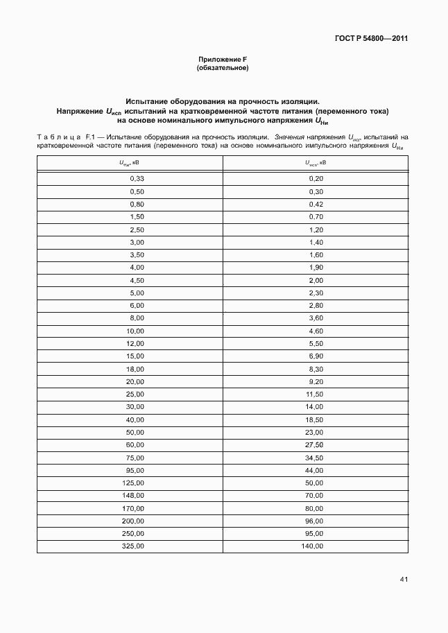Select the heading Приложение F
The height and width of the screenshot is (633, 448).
[x=223, y=60]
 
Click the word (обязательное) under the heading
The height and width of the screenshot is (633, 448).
[x=223, y=68]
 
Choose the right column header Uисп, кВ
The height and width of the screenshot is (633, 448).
[x=316, y=164]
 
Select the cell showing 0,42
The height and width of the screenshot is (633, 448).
[x=316, y=204]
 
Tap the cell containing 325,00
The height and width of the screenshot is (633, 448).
[x=132, y=546]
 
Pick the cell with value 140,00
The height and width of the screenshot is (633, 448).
[x=313, y=546]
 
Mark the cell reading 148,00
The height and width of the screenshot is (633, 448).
[x=132, y=496]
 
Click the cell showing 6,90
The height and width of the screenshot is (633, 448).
[x=316, y=356]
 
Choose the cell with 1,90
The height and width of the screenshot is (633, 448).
[x=316, y=268]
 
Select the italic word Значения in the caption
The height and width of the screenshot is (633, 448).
[x=290, y=137]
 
